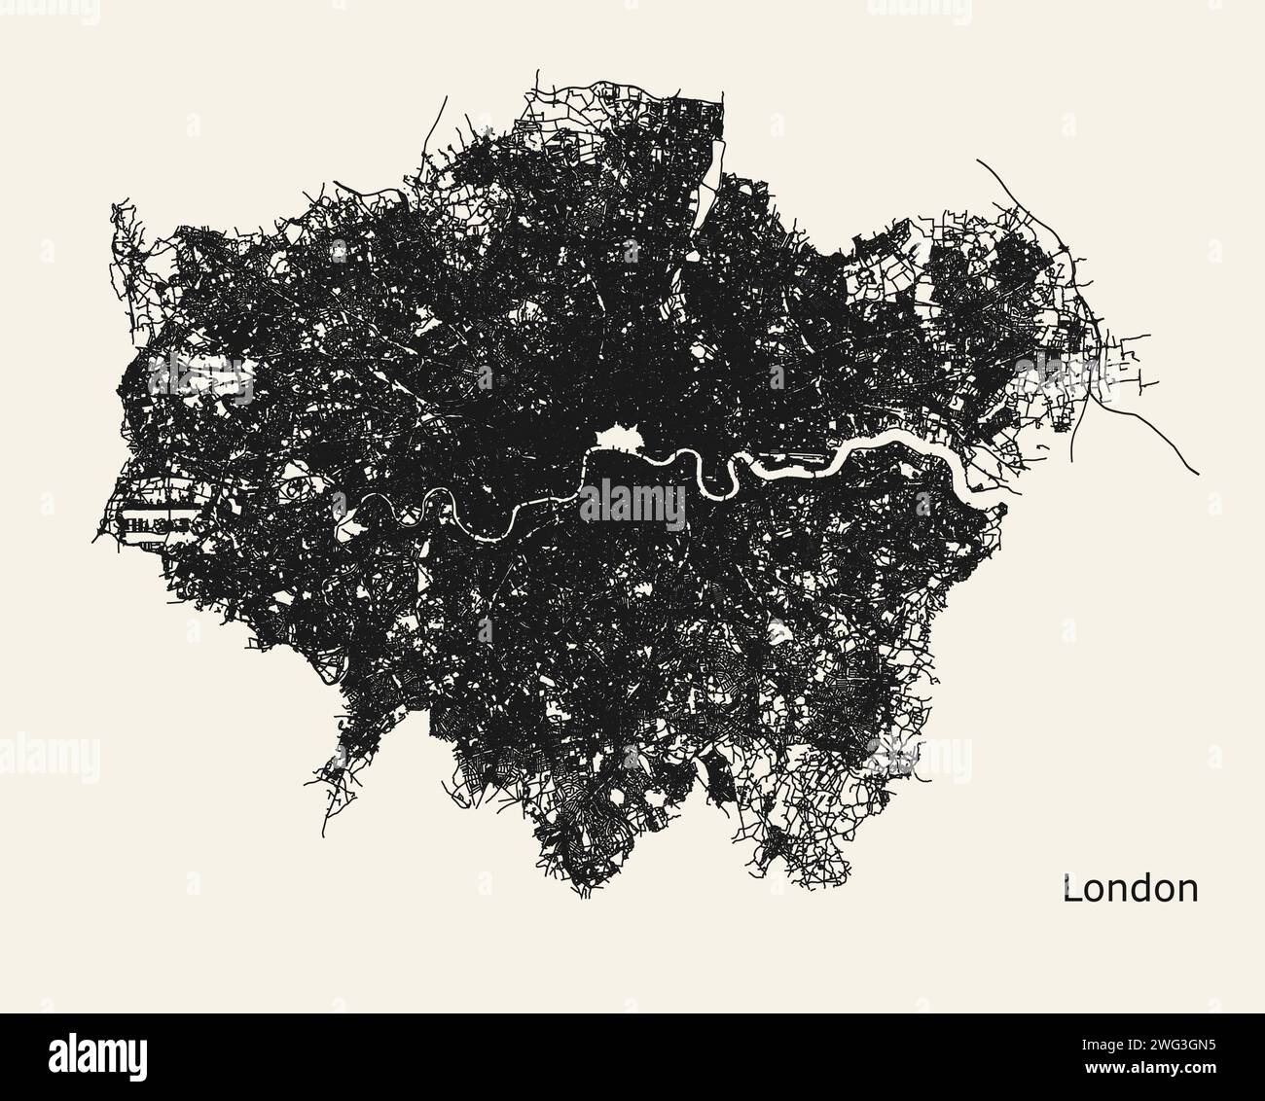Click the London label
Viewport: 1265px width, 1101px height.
click(1130, 888)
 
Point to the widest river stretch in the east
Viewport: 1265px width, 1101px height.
click(905, 447)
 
